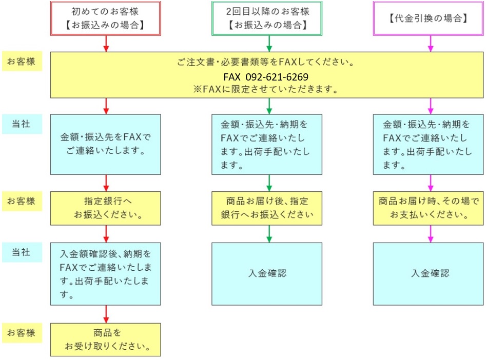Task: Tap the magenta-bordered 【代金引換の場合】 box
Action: pos(430,18)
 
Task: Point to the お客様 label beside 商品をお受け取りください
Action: pos(22,333)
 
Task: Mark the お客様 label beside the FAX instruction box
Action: pos(22,62)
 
